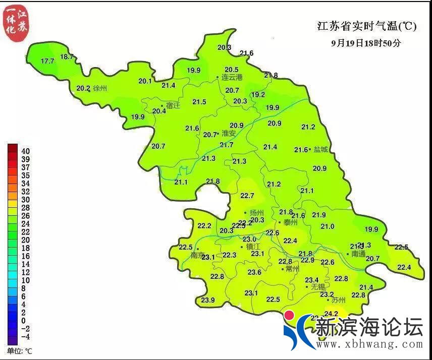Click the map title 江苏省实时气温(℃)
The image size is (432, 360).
pyautogui.click(x=367, y=27)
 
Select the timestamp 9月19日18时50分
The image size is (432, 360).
pyautogui.click(x=366, y=43)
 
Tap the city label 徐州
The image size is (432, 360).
pyautogui.click(x=100, y=88)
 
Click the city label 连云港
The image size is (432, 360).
pyautogui.click(x=232, y=77)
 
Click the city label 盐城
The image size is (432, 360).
pyautogui.click(x=320, y=149)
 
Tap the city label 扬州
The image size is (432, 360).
pyautogui.click(x=257, y=213)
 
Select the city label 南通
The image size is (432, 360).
pyautogui.click(x=358, y=254)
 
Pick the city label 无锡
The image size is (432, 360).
pyautogui.click(x=318, y=287)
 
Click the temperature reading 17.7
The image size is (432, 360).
pyautogui.click(x=47, y=61)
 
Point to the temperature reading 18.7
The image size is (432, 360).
pyautogui.click(x=67, y=56)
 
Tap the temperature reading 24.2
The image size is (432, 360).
pyautogui.click(x=331, y=313)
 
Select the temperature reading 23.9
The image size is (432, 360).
pyautogui.click(x=208, y=300)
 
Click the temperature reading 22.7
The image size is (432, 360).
pyautogui.click(x=247, y=196)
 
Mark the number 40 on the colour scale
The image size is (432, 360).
pyautogui.click(x=25, y=151)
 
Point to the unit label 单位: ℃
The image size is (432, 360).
pyautogui.click(x=20, y=350)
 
